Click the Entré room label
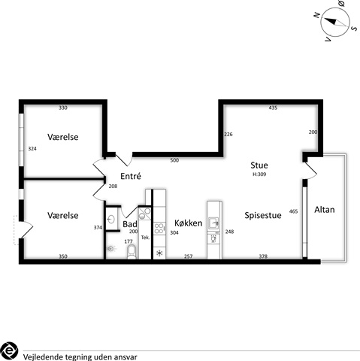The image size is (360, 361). (131, 176)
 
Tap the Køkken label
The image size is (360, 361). (188, 223)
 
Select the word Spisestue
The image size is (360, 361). (263, 215)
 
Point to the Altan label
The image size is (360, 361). (325, 210)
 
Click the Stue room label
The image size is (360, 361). (259, 165)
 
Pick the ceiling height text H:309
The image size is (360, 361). (259, 174)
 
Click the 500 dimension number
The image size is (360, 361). (174, 160)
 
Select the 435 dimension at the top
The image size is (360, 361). (273, 108)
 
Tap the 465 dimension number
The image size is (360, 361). (293, 211)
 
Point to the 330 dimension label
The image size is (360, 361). (63, 108)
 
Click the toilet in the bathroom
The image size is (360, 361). (132, 251)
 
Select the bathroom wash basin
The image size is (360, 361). (111, 220)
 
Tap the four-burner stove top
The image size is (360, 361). (159, 229)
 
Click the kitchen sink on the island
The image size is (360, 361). (213, 223)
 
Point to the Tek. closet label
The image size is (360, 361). (145, 238)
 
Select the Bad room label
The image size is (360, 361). (130, 224)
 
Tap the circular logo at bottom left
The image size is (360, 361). (9, 350)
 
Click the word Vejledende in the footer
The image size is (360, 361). (44, 357)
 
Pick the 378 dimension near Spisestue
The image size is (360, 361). (263, 256)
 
